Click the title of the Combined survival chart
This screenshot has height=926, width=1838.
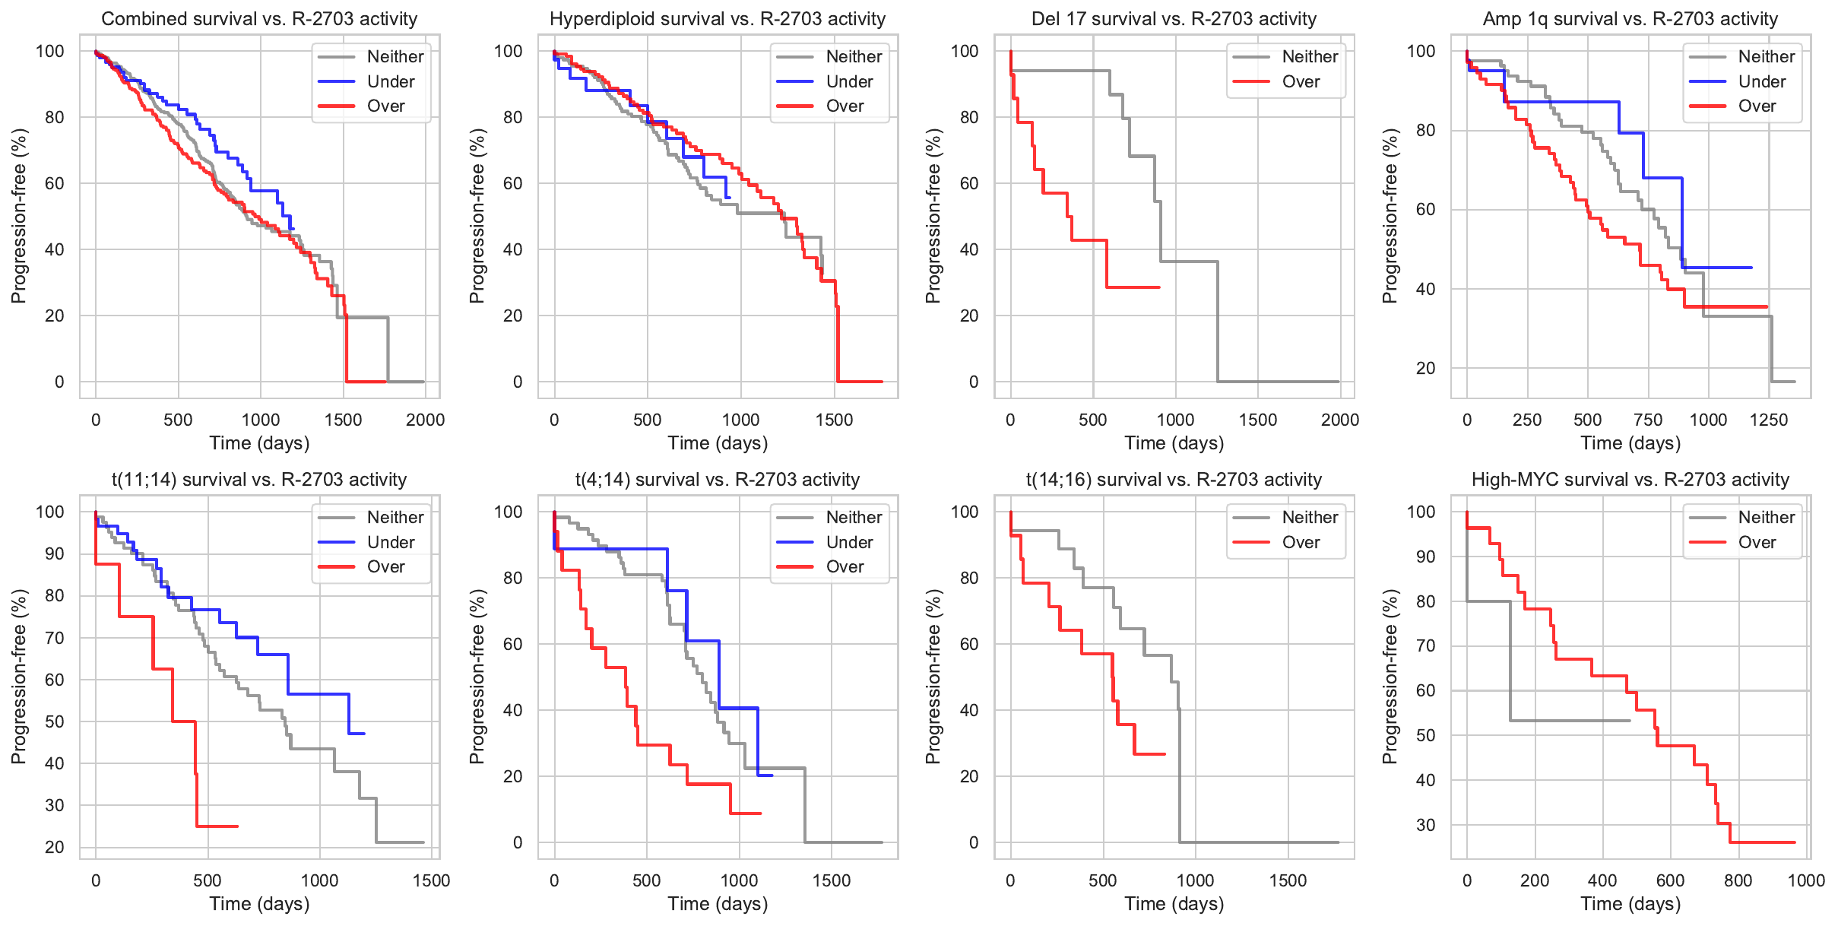coord(259,19)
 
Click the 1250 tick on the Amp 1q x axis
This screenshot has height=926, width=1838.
coord(1768,420)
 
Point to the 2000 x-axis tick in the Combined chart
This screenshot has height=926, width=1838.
coord(425,420)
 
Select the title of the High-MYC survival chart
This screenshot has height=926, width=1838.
coord(1630,480)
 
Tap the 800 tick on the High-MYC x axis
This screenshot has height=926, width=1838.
coord(1738,880)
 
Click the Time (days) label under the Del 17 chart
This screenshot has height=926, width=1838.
coord(1174,443)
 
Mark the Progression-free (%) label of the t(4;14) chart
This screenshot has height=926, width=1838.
coord(477,677)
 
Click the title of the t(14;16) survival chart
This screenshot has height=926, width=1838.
coord(1174,480)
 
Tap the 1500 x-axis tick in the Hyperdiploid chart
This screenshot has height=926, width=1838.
coord(834,420)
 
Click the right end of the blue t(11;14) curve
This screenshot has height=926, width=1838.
coord(364,734)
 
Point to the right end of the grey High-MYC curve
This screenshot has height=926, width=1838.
coord(1630,720)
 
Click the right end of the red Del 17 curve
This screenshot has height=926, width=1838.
coord(1159,287)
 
